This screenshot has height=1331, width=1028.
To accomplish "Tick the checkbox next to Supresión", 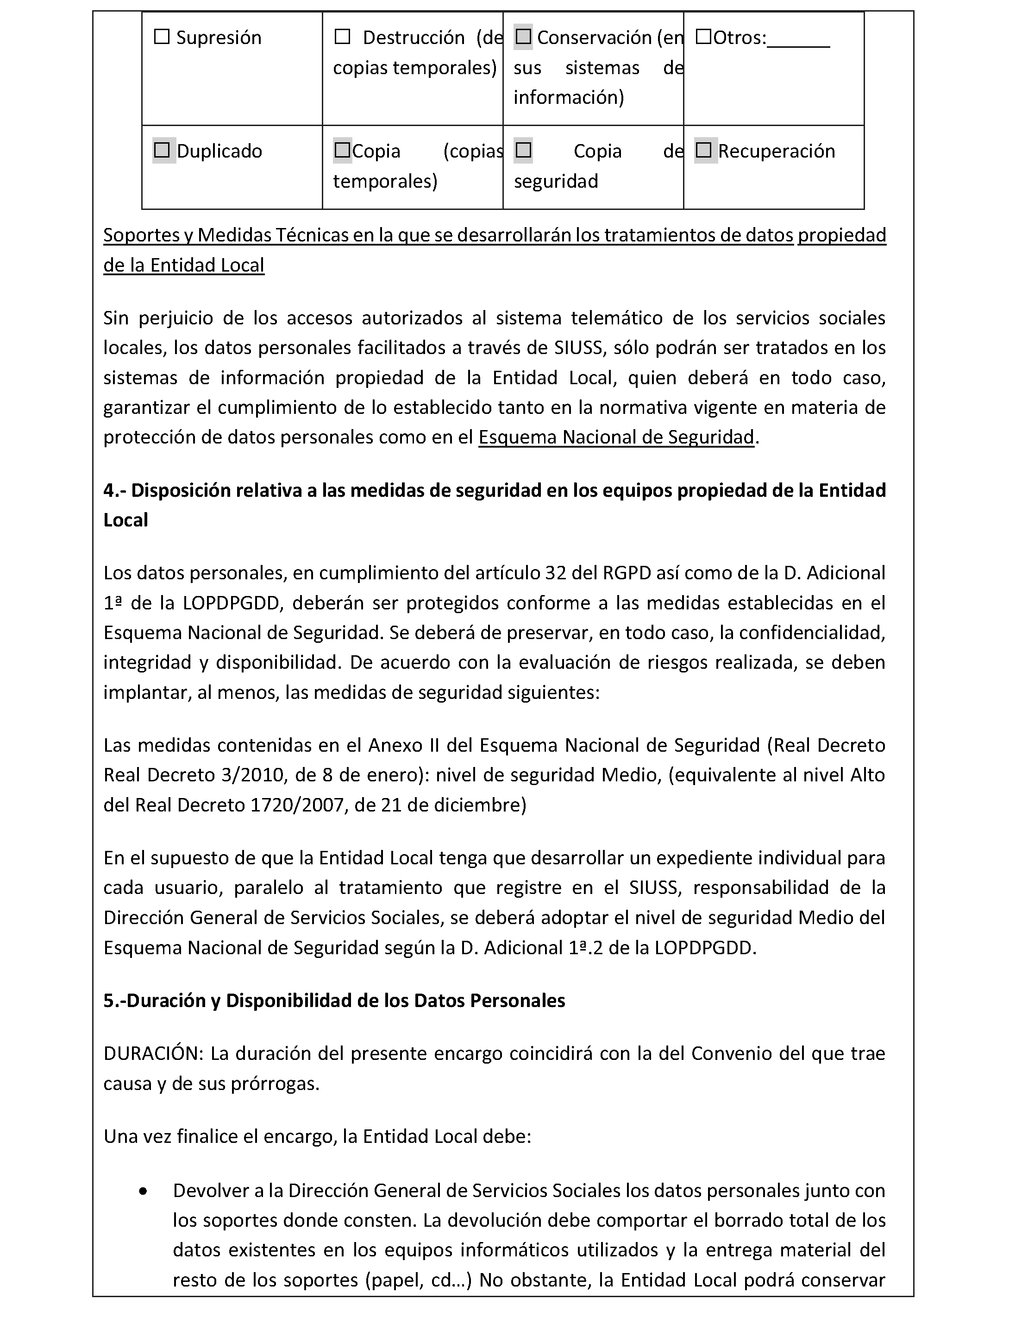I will (162, 37).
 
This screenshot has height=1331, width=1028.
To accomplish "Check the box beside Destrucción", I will (342, 37).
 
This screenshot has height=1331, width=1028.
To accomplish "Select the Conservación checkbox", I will (523, 37).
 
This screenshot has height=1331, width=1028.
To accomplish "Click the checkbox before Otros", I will (703, 37).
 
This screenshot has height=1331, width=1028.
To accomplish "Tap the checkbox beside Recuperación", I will (703, 151).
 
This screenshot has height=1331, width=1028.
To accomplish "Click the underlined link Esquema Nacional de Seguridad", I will (616, 437).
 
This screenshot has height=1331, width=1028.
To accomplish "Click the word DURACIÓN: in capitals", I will (153, 1054).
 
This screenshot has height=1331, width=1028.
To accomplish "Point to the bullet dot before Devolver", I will (143, 1192).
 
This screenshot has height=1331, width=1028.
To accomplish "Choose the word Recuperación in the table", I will (777, 151).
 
